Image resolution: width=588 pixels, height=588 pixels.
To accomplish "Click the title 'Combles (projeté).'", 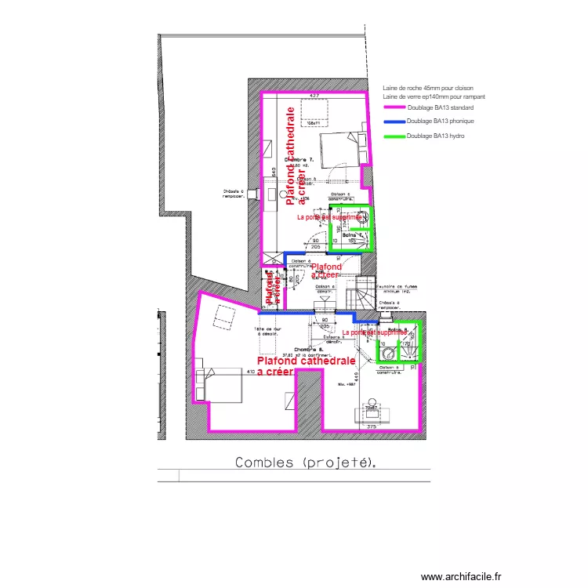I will point(306,463).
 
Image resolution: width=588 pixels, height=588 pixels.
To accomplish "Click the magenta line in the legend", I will point(394,107).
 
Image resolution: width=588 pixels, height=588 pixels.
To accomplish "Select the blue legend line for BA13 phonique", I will point(394,122).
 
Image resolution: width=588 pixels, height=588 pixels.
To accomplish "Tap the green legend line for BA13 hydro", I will point(394,136).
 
